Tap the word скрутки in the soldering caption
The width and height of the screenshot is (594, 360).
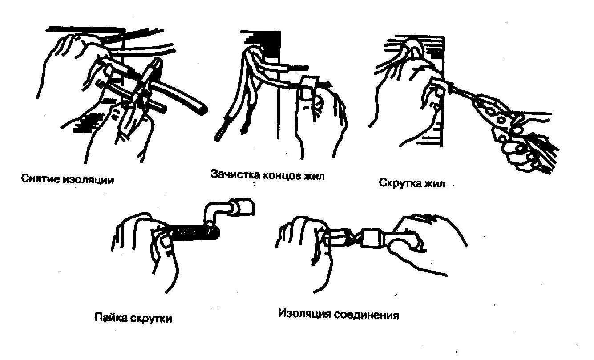click(x=151, y=319)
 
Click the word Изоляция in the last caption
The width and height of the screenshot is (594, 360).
click(x=305, y=314)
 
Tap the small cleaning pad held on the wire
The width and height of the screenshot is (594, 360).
click(x=310, y=82)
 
